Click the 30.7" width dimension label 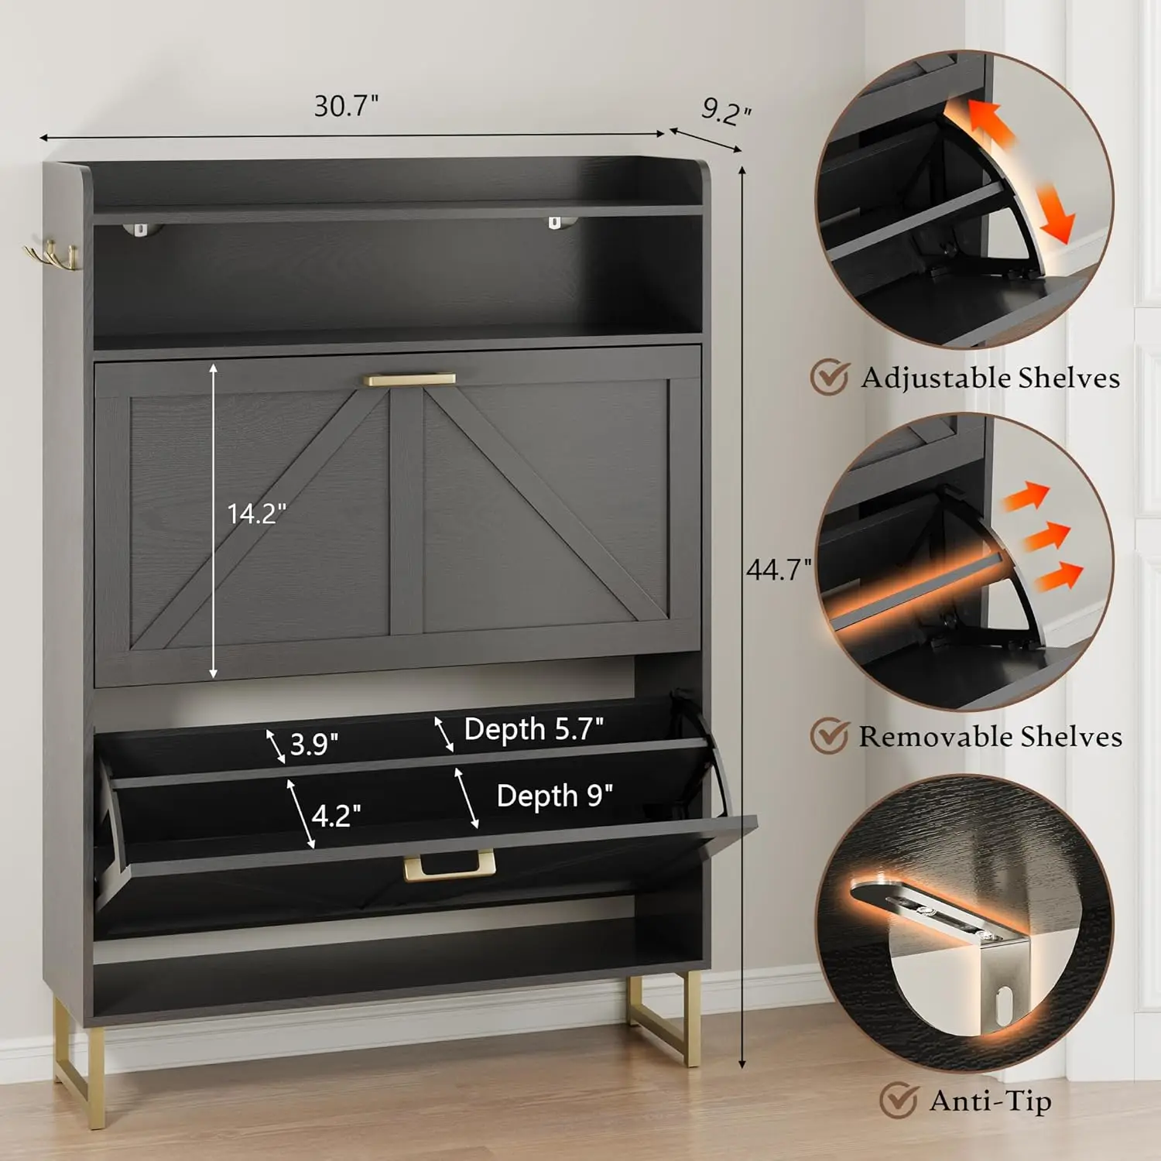coord(346,106)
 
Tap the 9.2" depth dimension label coord(726,111)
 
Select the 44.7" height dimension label coord(778,570)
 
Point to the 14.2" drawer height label coord(256,513)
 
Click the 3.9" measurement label coord(313,745)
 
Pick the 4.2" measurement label coord(336,816)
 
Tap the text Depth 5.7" coord(533,729)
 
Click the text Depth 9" coord(554,796)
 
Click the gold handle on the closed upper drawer coord(409,379)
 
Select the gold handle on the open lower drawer coord(449,866)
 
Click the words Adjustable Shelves coord(990,378)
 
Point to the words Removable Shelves coord(990,736)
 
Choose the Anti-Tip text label coord(990,1101)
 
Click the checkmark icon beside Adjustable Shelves coord(830,377)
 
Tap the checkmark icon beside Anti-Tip coord(899,1100)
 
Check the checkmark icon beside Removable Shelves coord(830,735)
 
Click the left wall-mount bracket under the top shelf coord(140,228)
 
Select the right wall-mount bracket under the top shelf coord(556,223)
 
